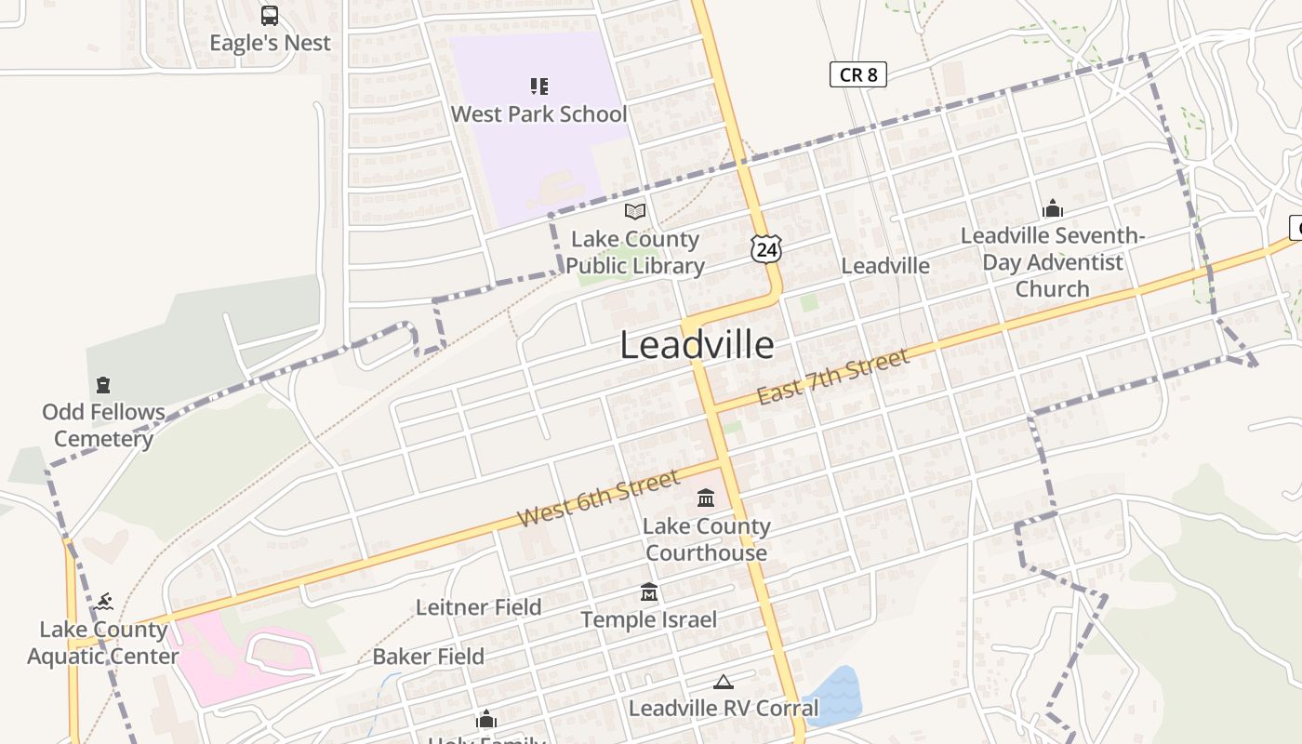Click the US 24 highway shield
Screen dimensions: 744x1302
click(x=766, y=247)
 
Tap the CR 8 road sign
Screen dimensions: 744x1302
click(x=857, y=74)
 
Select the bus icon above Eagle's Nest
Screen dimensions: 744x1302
click(x=270, y=16)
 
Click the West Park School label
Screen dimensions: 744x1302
click(x=539, y=114)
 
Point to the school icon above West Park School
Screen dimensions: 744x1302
click(x=539, y=86)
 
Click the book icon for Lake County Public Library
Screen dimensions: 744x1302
click(x=635, y=212)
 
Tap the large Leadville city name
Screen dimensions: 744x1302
click(x=697, y=346)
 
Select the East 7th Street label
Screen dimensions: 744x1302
click(x=832, y=377)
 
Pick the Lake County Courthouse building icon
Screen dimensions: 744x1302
click(x=706, y=498)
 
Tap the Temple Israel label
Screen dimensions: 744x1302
click(x=649, y=619)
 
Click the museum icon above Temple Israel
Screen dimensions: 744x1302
click(x=649, y=591)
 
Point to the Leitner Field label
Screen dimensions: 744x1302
click(x=478, y=607)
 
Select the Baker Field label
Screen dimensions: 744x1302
click(x=428, y=657)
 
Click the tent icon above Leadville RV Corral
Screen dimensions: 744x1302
click(x=724, y=682)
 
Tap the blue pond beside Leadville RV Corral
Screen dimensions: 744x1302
click(x=833, y=692)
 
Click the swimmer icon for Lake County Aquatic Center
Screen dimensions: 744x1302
click(x=103, y=601)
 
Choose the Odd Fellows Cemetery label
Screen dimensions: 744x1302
click(x=103, y=425)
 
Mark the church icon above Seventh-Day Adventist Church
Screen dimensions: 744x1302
click(x=1053, y=208)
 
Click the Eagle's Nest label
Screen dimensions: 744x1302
click(x=270, y=43)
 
